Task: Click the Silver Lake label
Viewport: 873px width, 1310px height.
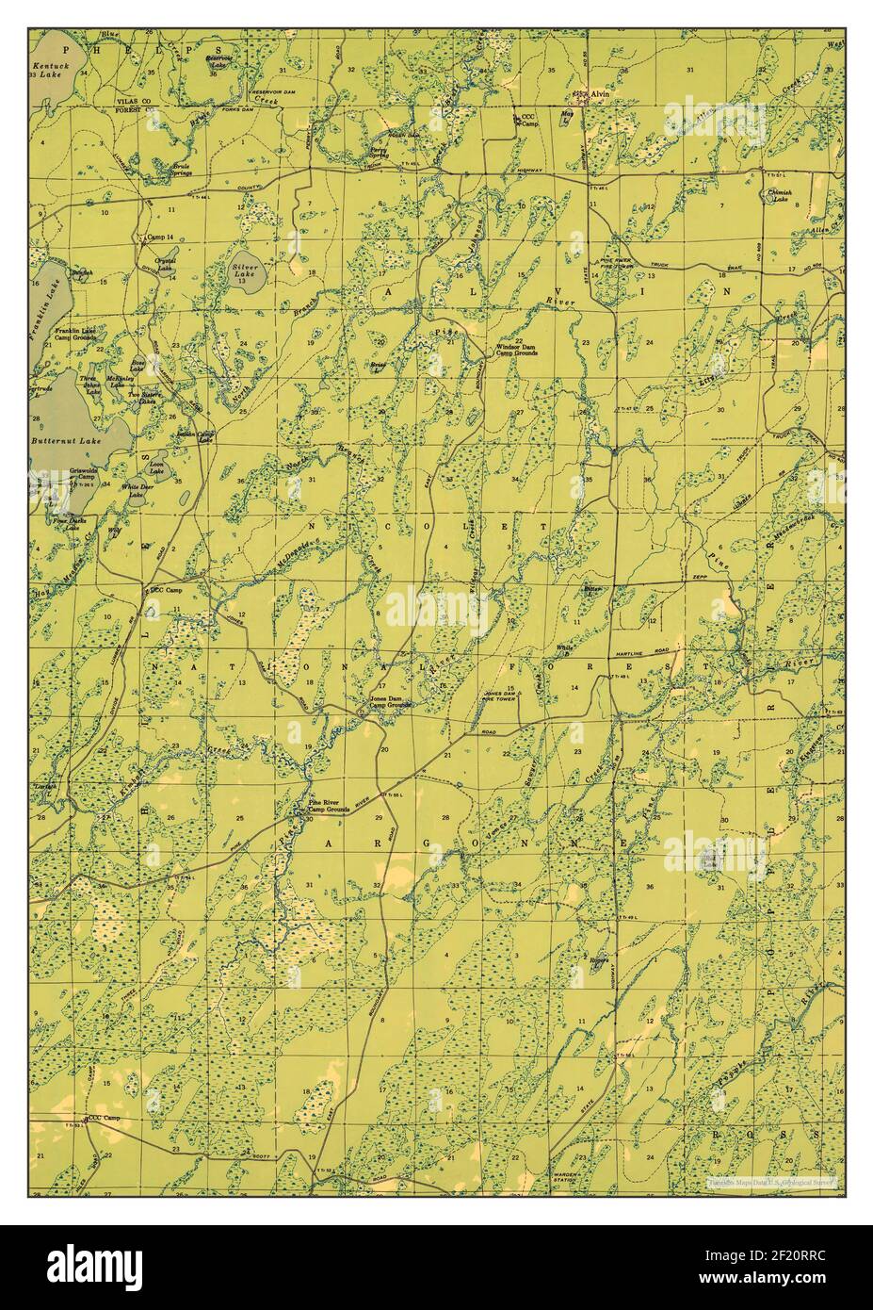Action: pyautogui.click(x=245, y=270)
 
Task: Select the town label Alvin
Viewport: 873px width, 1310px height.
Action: pyautogui.click(x=602, y=95)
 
